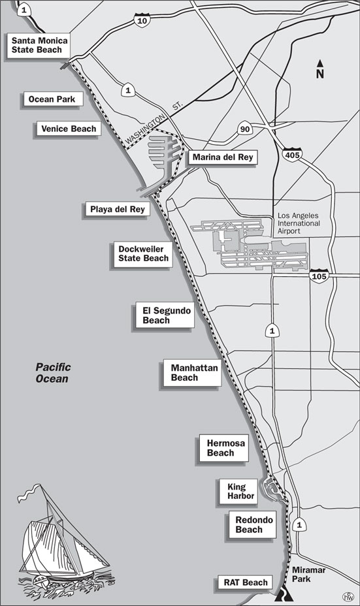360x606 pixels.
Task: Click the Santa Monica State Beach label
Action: (41, 45)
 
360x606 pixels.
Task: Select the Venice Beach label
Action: (68, 129)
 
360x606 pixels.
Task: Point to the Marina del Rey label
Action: (221, 157)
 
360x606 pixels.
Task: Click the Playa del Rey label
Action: (116, 210)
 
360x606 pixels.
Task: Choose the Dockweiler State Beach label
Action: (143, 253)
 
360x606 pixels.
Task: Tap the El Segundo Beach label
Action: (166, 315)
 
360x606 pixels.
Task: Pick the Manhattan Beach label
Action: (194, 372)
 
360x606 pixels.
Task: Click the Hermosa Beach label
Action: (225, 448)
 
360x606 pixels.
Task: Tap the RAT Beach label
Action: (246, 582)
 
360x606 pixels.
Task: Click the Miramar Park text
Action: (308, 574)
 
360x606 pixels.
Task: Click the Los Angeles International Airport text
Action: (299, 223)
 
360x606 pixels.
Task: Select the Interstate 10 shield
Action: (142, 21)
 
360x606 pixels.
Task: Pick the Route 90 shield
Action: (245, 129)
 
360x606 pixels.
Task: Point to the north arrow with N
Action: (320, 69)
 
